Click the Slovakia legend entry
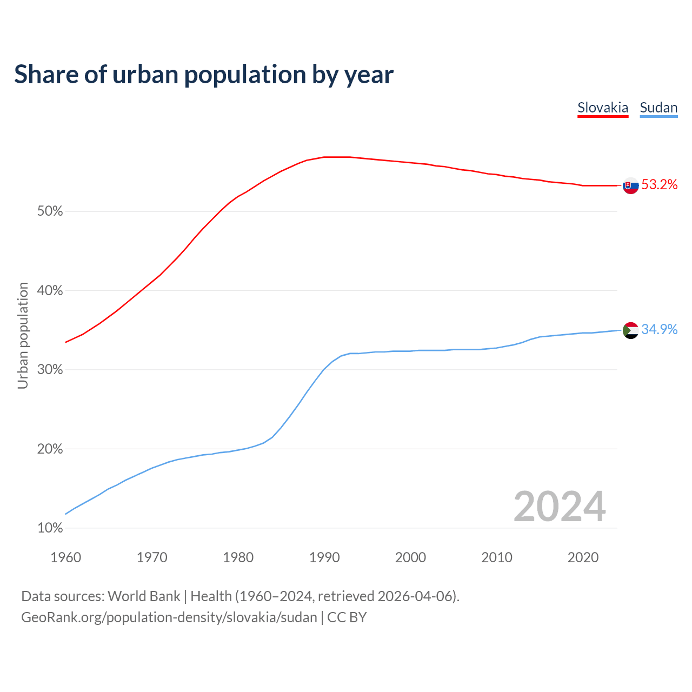pyautogui.click(x=603, y=108)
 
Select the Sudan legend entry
pyautogui.click(x=658, y=108)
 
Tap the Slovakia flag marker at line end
pyautogui.click(x=630, y=185)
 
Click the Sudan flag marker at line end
pyautogui.click(x=630, y=330)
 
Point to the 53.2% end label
pyautogui.click(x=659, y=185)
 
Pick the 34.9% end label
pyautogui.click(x=659, y=330)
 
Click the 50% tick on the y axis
pyautogui.click(x=50, y=211)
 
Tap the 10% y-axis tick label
pyautogui.click(x=50, y=528)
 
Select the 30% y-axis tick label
pyautogui.click(x=50, y=370)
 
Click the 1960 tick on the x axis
pyautogui.click(x=65, y=557)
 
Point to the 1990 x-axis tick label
pyautogui.click(x=324, y=557)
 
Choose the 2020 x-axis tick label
pyautogui.click(x=583, y=557)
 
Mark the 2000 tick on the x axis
pyautogui.click(x=410, y=557)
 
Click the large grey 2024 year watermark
pyautogui.click(x=559, y=507)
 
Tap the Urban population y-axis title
pyautogui.click(x=23, y=335)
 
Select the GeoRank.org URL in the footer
pyautogui.click(x=169, y=617)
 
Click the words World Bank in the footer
pyautogui.click(x=144, y=596)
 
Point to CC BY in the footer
pyautogui.click(x=347, y=617)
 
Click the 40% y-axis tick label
pyautogui.click(x=50, y=291)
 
